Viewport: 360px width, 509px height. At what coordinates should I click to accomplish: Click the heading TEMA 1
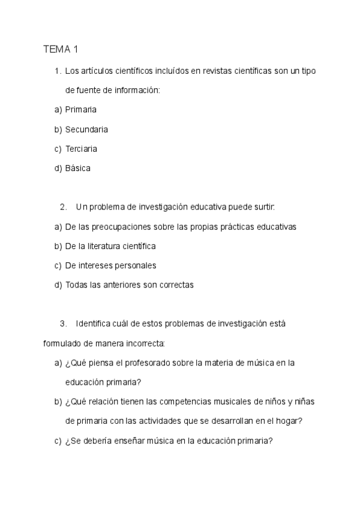(x=61, y=49)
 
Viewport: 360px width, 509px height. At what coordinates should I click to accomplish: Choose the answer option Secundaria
(x=86, y=129)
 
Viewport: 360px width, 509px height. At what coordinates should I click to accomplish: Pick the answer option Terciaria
(x=81, y=148)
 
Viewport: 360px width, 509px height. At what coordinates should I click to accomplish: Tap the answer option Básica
(x=78, y=168)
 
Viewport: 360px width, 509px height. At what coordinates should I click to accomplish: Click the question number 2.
(x=63, y=207)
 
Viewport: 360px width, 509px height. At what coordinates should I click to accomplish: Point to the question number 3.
(x=63, y=324)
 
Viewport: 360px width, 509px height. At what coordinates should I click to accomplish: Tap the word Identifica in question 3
(x=93, y=324)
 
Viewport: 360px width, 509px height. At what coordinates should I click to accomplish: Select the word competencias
(x=194, y=402)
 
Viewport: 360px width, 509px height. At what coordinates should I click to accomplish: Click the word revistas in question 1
(x=205, y=71)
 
